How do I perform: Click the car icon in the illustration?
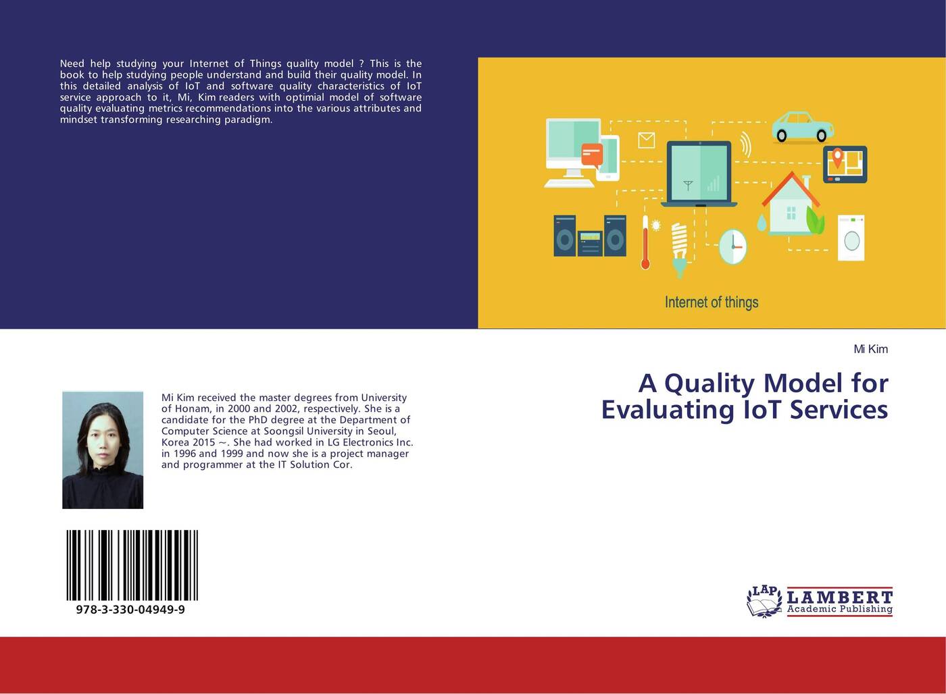pyautogui.click(x=803, y=126)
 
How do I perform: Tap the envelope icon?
pyautogui.click(x=646, y=140)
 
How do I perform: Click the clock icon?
pyautogui.click(x=732, y=247)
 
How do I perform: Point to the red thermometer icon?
pyautogui.click(x=645, y=242)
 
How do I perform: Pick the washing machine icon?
pyautogui.click(x=851, y=238)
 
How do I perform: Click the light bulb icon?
pyautogui.click(x=679, y=250)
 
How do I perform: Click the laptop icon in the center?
pyautogui.click(x=699, y=173)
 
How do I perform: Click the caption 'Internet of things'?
pyautogui.click(x=712, y=302)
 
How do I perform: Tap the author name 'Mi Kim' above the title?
pyautogui.click(x=870, y=349)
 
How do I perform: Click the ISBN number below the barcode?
pyautogui.click(x=130, y=609)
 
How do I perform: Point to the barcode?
pyautogui.click(x=132, y=565)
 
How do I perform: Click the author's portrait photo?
pyautogui.click(x=103, y=450)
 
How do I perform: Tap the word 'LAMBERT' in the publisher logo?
pyautogui.click(x=840, y=597)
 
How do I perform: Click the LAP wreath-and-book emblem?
pyautogui.click(x=764, y=602)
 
